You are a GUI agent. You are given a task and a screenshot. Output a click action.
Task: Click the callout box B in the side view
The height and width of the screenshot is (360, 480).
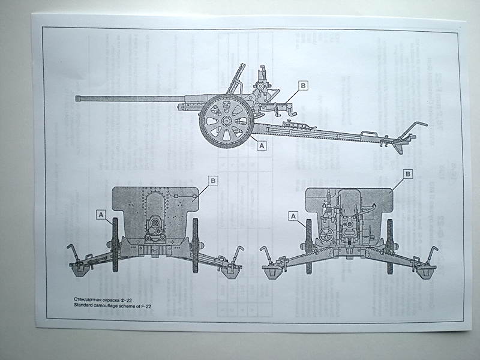point(303,86)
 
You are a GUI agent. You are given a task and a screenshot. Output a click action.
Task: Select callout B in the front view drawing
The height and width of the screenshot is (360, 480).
point(213,179)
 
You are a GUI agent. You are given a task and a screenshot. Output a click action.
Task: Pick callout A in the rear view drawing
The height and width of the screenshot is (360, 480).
point(293,215)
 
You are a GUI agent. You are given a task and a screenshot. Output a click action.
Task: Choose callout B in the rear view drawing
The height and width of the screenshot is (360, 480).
point(408,174)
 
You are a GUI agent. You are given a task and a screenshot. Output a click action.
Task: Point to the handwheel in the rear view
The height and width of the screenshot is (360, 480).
point(326,235)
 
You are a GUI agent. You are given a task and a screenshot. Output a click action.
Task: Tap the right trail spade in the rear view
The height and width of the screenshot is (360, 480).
point(427,271)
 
